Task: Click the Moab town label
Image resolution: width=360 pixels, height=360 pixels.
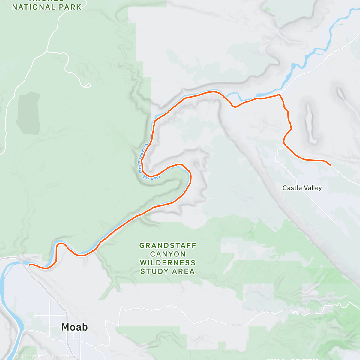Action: (74, 327)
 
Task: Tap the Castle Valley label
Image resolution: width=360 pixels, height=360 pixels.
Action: (302, 188)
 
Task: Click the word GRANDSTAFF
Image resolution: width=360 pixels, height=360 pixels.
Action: (168, 246)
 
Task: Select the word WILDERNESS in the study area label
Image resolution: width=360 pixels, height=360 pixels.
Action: (168, 263)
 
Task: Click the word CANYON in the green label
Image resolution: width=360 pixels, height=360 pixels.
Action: (168, 254)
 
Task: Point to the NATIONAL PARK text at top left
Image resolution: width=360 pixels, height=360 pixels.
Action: (47, 7)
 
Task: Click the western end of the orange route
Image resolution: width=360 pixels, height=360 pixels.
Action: (29, 265)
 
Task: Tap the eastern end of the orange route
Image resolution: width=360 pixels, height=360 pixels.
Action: (330, 165)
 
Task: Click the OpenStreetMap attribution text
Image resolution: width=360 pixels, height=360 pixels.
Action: (63, 356)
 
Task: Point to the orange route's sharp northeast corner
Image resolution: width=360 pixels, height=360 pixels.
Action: (279, 95)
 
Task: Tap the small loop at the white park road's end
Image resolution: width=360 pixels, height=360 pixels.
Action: (88, 86)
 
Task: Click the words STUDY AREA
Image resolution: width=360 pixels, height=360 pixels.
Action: (168, 271)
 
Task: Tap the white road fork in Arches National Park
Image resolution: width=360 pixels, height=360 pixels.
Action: (46, 51)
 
